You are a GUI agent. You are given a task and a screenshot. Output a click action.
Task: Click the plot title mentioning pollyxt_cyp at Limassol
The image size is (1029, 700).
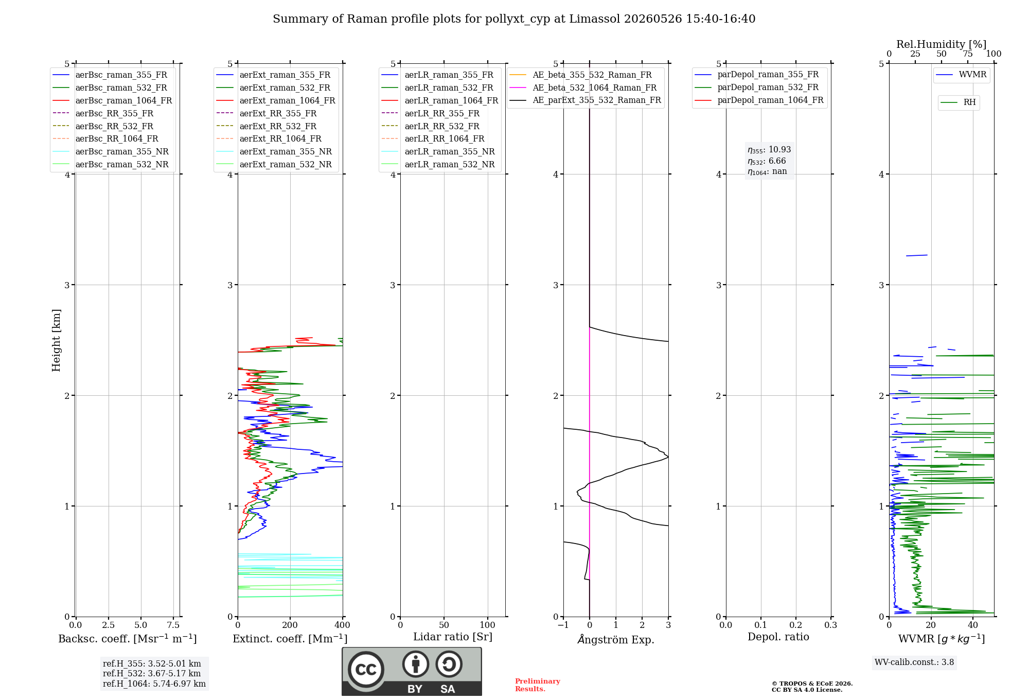click(514, 19)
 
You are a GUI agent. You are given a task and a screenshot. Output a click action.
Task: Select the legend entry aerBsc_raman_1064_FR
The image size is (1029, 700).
click(113, 100)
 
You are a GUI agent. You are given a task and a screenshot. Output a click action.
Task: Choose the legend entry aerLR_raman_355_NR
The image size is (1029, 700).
click(438, 151)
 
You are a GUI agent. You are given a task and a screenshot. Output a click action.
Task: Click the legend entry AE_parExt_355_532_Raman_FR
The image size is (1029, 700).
click(586, 100)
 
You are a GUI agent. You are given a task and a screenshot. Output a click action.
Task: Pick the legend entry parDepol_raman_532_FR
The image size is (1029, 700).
click(757, 87)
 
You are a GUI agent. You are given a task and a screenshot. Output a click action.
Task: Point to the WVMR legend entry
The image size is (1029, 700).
click(962, 75)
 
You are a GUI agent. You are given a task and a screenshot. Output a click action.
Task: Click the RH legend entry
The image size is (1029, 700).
click(959, 102)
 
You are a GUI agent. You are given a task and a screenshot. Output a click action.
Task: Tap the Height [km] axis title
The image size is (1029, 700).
click(56, 340)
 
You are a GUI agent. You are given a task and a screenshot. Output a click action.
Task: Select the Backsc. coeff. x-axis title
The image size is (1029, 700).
click(128, 639)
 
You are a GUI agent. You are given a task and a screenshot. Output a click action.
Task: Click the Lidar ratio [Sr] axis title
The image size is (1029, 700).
click(453, 637)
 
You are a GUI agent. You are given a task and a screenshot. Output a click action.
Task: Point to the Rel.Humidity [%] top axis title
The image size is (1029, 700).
click(942, 44)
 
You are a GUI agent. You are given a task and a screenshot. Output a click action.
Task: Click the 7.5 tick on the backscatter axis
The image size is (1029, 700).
click(173, 625)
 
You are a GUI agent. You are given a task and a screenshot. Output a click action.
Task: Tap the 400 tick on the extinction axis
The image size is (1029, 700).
click(343, 625)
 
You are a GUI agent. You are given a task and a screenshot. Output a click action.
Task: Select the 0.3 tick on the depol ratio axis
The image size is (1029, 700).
click(831, 625)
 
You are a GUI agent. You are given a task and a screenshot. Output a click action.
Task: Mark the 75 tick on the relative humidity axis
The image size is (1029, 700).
click(968, 54)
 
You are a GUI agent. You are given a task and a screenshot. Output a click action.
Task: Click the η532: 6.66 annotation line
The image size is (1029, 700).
click(767, 161)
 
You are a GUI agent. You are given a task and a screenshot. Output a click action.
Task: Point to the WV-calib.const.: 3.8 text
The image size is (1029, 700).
click(914, 662)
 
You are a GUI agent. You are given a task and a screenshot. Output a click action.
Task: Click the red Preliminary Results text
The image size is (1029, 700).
click(538, 685)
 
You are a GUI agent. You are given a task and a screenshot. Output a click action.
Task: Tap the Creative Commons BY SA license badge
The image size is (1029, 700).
click(412, 672)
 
